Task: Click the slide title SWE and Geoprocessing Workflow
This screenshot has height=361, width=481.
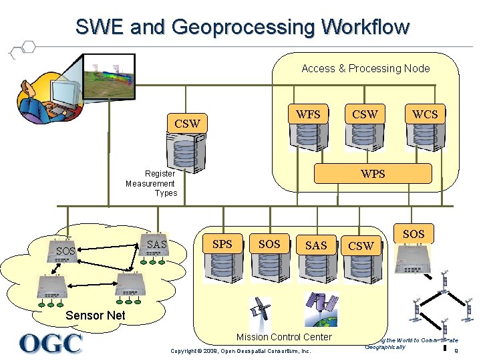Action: coord(242,27)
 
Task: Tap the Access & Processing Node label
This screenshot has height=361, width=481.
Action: coord(365,68)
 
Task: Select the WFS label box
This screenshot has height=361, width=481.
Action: coord(308,114)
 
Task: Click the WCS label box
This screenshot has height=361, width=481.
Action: coord(425,114)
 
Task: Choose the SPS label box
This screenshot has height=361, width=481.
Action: coord(222,244)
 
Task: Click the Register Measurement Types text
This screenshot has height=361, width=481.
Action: coord(151,183)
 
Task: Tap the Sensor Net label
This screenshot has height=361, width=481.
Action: coord(96,315)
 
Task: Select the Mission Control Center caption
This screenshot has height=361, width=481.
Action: coord(284,337)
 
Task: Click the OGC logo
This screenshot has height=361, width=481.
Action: coord(51,343)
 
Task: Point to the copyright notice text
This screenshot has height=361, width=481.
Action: coord(241,351)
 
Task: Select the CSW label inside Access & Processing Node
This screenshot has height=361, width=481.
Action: coord(365,114)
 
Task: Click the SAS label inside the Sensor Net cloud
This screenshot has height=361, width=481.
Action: coord(156,245)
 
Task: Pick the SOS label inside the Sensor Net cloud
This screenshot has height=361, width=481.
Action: coord(65,251)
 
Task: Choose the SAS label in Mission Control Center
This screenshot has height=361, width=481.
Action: coord(316,245)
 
